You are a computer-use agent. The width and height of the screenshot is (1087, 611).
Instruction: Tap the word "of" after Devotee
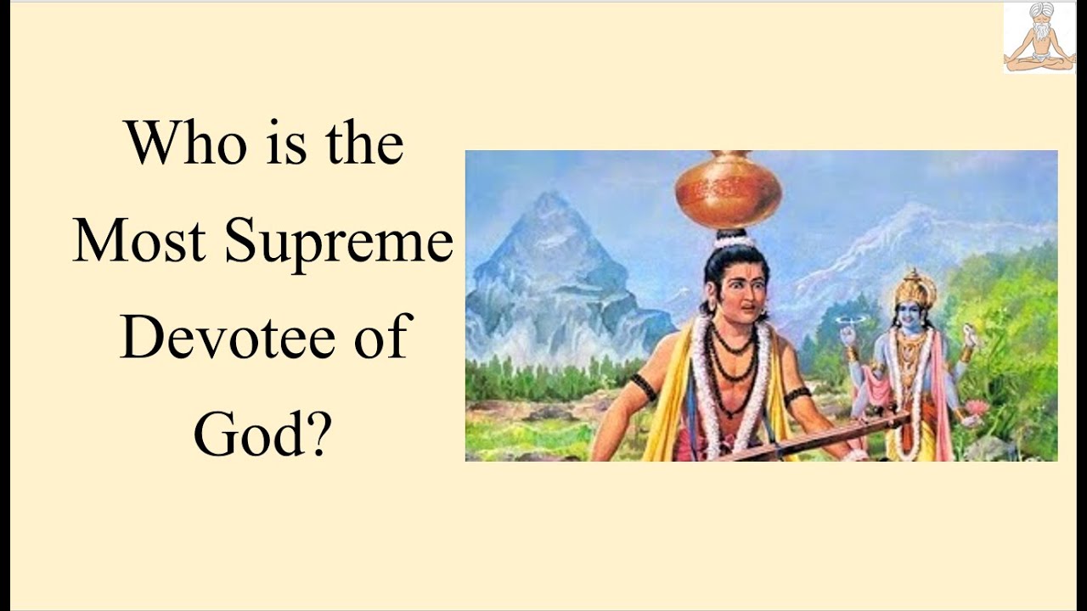tap(377, 338)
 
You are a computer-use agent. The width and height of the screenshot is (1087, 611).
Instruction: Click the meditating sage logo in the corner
tap(1038, 37)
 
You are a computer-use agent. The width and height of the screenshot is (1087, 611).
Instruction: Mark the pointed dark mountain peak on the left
tap(552, 212)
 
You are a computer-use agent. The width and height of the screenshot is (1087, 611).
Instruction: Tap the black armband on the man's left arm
tap(643, 387)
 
